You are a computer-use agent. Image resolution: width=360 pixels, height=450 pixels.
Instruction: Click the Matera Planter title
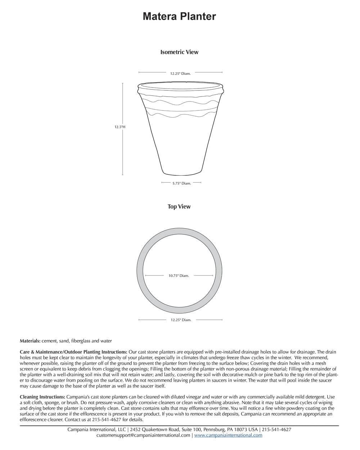click(179, 17)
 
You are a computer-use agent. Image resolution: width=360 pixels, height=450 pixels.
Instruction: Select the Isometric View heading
click(179, 52)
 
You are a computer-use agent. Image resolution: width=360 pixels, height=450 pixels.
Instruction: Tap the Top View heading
click(179, 207)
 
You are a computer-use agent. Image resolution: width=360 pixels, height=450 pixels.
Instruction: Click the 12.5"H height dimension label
click(120, 127)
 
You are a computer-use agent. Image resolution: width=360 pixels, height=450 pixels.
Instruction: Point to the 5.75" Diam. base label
click(181, 183)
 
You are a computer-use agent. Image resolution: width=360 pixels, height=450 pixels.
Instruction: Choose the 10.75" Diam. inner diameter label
click(179, 276)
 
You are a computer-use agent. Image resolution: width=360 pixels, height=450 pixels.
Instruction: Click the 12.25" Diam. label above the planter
click(180, 73)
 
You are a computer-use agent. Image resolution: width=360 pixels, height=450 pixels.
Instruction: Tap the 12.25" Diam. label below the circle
click(181, 320)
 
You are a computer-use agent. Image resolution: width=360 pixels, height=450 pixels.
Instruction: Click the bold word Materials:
click(30, 341)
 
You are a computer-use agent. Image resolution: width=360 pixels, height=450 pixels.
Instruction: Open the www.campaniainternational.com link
click(228, 435)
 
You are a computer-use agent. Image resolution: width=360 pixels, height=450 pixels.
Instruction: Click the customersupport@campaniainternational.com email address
click(143, 435)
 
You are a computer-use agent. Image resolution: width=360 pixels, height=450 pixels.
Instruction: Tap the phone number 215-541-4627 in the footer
click(276, 429)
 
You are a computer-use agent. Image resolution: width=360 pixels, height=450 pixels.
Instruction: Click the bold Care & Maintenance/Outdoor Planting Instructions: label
click(73, 352)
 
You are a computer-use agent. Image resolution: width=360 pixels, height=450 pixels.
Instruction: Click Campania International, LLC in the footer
click(97, 429)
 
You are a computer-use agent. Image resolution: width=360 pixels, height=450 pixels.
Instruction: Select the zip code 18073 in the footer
click(241, 429)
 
